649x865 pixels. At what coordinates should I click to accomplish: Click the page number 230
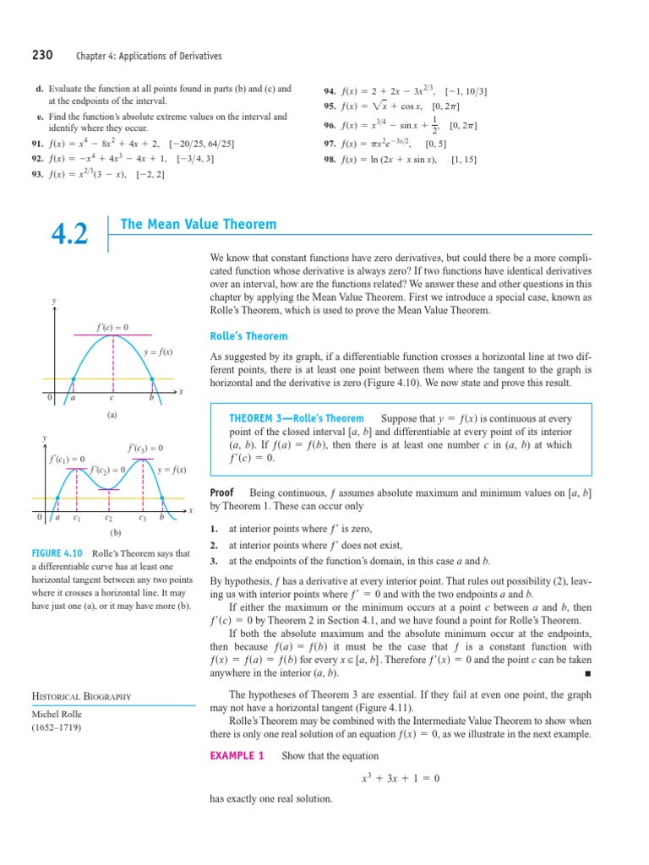[42, 56]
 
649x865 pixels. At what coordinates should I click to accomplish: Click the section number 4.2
[71, 234]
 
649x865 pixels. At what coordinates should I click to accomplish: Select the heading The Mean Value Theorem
[199, 224]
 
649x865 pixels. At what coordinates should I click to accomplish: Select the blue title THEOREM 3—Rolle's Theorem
[297, 418]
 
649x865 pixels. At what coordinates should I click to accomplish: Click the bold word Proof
[221, 492]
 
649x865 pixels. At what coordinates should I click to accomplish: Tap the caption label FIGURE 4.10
[57, 553]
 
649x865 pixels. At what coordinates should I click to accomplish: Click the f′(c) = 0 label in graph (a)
[112, 327]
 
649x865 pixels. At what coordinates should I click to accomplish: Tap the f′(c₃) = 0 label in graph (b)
[145, 448]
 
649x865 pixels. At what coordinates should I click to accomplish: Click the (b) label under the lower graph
[117, 533]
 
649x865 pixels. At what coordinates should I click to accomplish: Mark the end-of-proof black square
[586, 673]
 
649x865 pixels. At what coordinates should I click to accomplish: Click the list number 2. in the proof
[214, 545]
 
